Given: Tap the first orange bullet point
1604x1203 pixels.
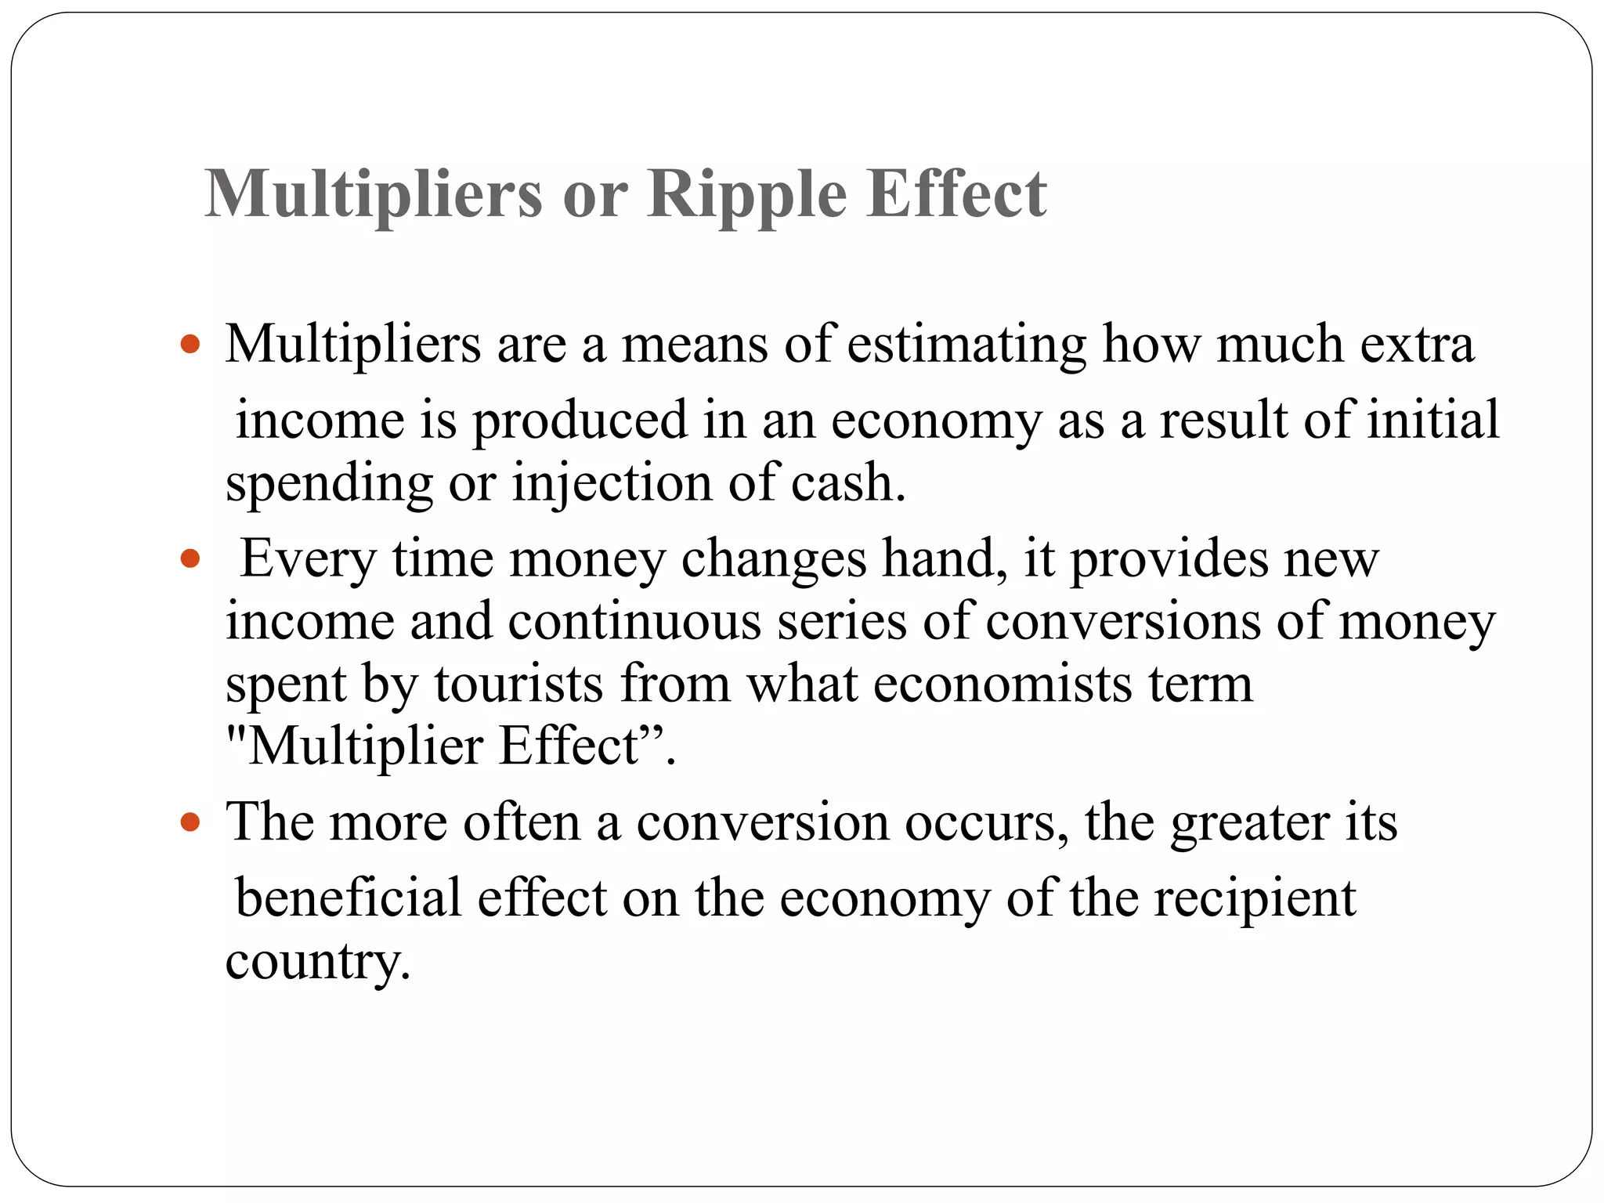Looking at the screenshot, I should tap(190, 344).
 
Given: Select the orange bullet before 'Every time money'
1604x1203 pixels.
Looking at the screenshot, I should tap(190, 559).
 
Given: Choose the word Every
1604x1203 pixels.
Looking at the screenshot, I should tap(308, 559).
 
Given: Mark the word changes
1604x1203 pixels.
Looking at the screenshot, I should tap(774, 559).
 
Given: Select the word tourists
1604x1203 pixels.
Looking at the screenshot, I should tap(518, 684).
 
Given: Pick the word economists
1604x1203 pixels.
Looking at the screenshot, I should tap(1002, 684).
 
